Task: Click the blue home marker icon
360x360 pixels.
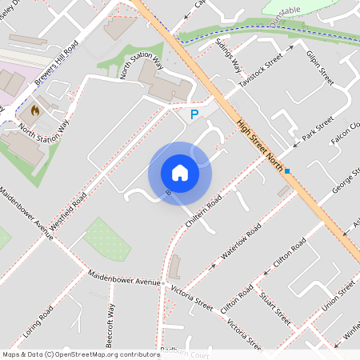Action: click(180, 172)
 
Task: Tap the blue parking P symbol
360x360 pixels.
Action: click(194, 116)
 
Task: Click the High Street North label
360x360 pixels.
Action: click(262, 146)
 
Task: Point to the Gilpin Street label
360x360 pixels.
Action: click(319, 69)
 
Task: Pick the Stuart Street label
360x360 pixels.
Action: click(275, 307)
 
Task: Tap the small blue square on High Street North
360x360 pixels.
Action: click(286, 170)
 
